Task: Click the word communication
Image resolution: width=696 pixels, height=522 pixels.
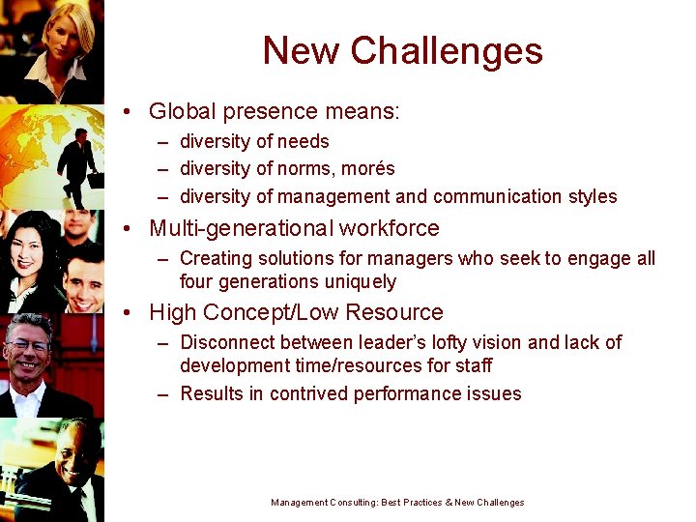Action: coord(492,196)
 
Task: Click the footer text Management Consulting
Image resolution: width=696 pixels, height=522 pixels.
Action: coord(323,503)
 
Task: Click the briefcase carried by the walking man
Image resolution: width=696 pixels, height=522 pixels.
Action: coord(95,180)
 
